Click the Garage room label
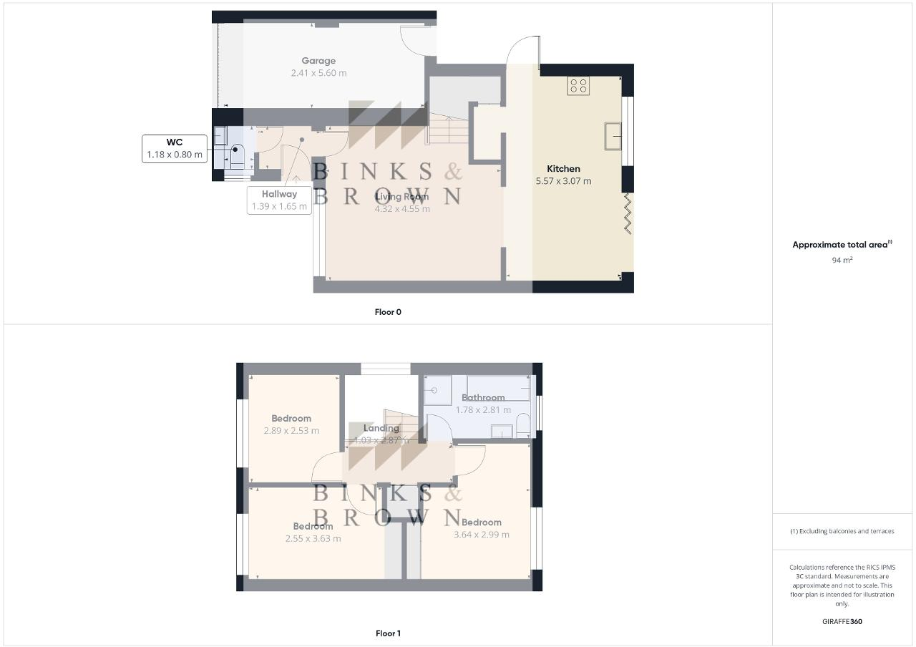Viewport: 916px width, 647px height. (318, 61)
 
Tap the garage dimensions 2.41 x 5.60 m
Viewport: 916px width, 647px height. (318, 73)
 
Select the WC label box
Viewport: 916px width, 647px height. (175, 148)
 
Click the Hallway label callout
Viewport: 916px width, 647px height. (279, 200)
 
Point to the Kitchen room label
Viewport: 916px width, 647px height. (563, 169)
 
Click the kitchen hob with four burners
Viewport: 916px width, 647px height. (578, 86)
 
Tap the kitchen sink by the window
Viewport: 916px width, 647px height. (613, 136)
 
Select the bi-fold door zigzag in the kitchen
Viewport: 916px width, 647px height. (628, 213)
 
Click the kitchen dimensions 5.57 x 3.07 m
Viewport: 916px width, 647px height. (563, 181)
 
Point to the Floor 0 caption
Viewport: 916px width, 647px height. (388, 312)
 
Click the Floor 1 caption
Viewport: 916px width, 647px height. (388, 633)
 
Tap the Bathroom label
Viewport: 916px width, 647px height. (483, 397)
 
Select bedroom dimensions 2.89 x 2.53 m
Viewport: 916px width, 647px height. (291, 431)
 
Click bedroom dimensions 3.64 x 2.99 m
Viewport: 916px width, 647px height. (482, 535)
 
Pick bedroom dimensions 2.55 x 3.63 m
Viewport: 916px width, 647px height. (313, 538)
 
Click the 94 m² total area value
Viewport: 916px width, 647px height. (842, 260)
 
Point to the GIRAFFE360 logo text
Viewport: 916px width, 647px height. (842, 621)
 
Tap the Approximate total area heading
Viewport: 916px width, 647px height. (842, 245)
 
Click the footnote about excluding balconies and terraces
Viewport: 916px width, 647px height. (842, 531)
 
